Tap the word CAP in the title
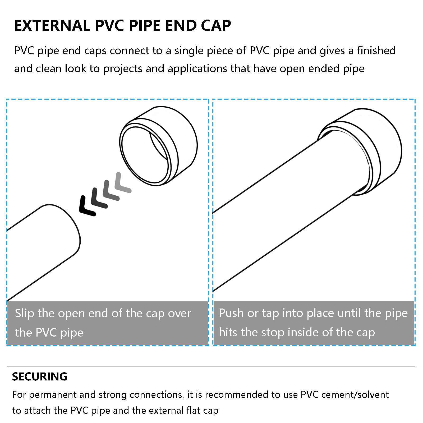(x=216, y=26)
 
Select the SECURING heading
(x=40, y=376)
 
